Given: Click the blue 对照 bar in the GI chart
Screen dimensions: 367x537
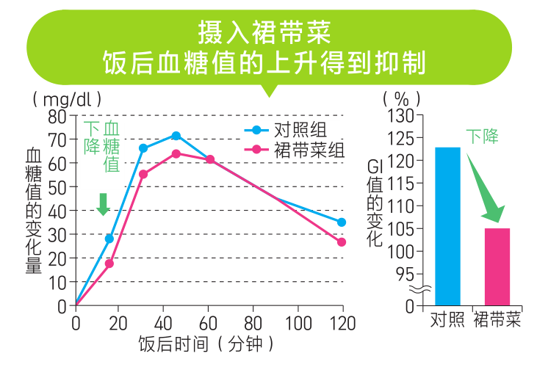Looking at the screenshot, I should [x=447, y=226].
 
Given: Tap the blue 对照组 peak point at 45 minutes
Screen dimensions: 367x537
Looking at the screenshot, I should [x=176, y=136].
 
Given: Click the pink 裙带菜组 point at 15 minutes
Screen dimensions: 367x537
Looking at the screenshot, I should [x=109, y=264].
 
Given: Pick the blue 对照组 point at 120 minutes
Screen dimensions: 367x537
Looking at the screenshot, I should [x=342, y=222].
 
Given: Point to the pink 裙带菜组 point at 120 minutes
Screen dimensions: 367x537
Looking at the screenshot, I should [x=342, y=242].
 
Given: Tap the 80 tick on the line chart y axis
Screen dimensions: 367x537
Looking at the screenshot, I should [x=57, y=116].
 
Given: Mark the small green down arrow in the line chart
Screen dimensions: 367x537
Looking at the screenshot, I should [x=103, y=204].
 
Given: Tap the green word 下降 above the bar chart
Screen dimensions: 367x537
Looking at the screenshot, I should [x=483, y=136].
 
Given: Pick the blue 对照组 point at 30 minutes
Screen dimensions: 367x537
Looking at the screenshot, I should [x=143, y=148].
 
